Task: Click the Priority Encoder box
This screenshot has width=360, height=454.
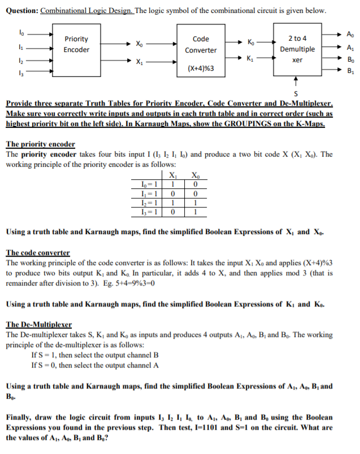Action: pyautogui.click(x=76, y=45)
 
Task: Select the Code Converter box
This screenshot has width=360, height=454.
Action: pyautogui.click(x=201, y=45)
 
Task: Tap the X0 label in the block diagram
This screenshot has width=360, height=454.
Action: pyautogui.click(x=139, y=43)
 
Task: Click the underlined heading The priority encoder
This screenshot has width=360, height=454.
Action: pyautogui.click(x=40, y=144)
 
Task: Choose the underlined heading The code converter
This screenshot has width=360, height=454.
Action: pyautogui.click(x=38, y=253)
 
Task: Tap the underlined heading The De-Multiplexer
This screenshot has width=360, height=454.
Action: pyautogui.click(x=39, y=325)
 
